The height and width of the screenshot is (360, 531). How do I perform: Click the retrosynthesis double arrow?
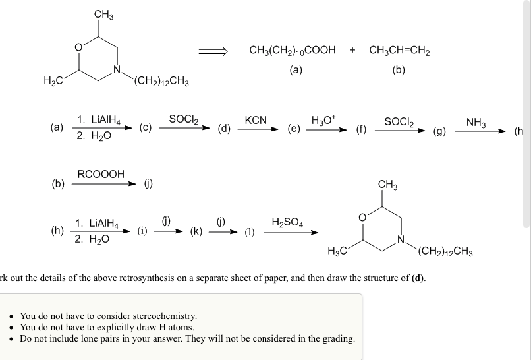click(x=213, y=51)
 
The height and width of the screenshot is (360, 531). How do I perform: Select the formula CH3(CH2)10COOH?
click(x=293, y=50)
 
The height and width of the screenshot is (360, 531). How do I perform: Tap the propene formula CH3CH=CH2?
click(x=399, y=50)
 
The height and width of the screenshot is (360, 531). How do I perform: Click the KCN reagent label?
click(x=256, y=120)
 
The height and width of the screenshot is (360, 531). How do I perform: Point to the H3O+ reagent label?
click(x=323, y=120)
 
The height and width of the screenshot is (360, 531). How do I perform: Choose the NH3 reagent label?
click(x=476, y=122)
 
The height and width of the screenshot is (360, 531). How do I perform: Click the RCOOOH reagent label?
click(x=101, y=174)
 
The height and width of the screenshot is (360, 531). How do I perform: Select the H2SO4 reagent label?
click(x=287, y=222)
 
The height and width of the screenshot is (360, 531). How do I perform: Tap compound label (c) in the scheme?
click(x=146, y=127)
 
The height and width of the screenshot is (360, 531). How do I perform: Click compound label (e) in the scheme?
click(x=294, y=129)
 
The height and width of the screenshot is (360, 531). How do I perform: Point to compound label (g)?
click(x=439, y=131)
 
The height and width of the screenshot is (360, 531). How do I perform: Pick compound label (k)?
click(x=196, y=231)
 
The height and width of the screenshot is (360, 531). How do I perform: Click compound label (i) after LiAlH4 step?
click(x=142, y=231)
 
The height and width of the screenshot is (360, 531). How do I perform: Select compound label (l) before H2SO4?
click(x=250, y=232)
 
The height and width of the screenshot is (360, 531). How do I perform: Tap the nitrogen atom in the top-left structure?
click(x=117, y=69)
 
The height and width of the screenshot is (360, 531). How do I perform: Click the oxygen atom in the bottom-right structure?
click(x=362, y=218)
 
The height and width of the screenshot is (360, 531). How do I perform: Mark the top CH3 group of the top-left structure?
click(x=103, y=15)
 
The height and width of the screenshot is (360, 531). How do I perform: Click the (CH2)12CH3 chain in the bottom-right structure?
click(x=445, y=251)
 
